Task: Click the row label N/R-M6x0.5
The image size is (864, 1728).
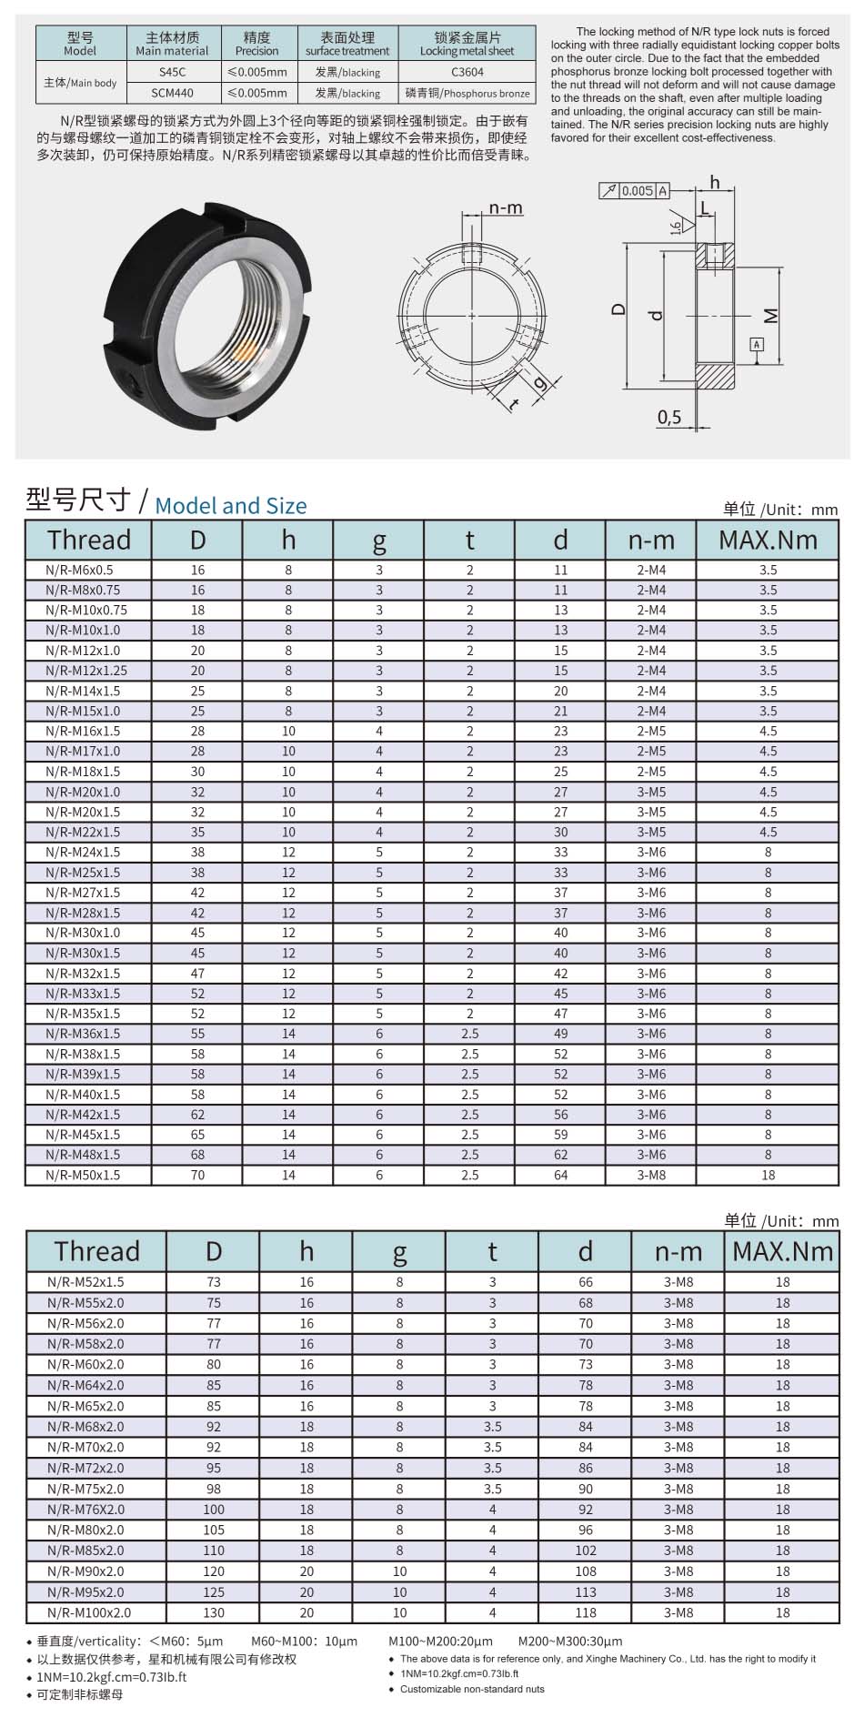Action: point(79,570)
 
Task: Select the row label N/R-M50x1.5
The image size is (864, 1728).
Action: point(83,1175)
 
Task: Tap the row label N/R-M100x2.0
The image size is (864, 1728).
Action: point(89,1612)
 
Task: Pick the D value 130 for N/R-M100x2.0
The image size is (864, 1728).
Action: point(214,1612)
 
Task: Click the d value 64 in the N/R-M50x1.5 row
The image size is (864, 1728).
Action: point(560,1175)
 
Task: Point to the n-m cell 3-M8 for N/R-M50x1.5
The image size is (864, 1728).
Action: point(651,1175)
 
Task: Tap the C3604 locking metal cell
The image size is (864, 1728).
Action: point(467,72)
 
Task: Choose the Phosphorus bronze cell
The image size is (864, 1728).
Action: point(467,93)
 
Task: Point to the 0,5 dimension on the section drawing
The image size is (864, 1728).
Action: point(668,418)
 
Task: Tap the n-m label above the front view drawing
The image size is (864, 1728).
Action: point(506,208)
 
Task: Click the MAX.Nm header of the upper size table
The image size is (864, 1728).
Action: point(768,540)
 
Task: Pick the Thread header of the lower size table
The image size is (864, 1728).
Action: point(96,1251)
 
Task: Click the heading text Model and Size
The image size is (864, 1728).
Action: point(231,506)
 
